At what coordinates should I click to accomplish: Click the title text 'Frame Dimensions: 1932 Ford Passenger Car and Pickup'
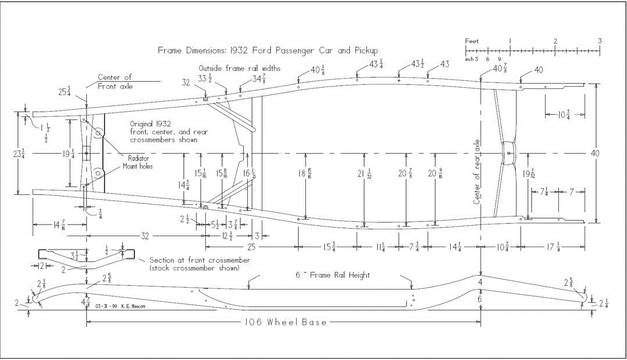pos(268,50)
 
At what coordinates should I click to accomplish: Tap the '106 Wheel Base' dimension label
pos(284,322)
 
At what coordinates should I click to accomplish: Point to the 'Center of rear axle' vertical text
pos(476,172)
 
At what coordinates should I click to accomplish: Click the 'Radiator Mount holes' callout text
pos(135,162)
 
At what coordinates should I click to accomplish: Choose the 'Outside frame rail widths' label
pos(240,68)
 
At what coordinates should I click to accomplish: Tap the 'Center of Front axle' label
pos(115,81)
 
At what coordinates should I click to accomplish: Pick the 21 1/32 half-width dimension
pos(364,174)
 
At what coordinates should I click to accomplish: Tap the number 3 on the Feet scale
pos(600,41)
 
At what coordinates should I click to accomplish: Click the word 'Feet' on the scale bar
pos(472,41)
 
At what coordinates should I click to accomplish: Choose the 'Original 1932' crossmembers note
pos(168,131)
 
